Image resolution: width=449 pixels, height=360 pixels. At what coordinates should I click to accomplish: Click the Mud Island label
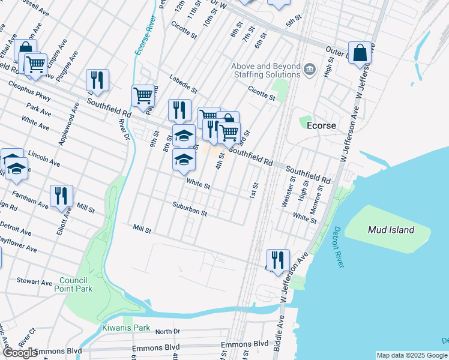(x=391, y=230)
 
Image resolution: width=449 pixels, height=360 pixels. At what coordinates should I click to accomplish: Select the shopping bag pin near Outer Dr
(x=360, y=53)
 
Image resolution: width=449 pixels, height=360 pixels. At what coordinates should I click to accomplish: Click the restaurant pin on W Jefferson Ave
(x=278, y=260)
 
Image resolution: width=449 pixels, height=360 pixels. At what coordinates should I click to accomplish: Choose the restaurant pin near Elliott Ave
(x=61, y=196)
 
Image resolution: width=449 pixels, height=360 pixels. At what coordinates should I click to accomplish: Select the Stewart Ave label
(x=35, y=281)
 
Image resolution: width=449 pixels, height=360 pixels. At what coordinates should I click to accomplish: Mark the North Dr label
(x=167, y=331)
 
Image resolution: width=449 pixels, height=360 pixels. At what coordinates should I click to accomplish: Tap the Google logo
(x=20, y=353)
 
